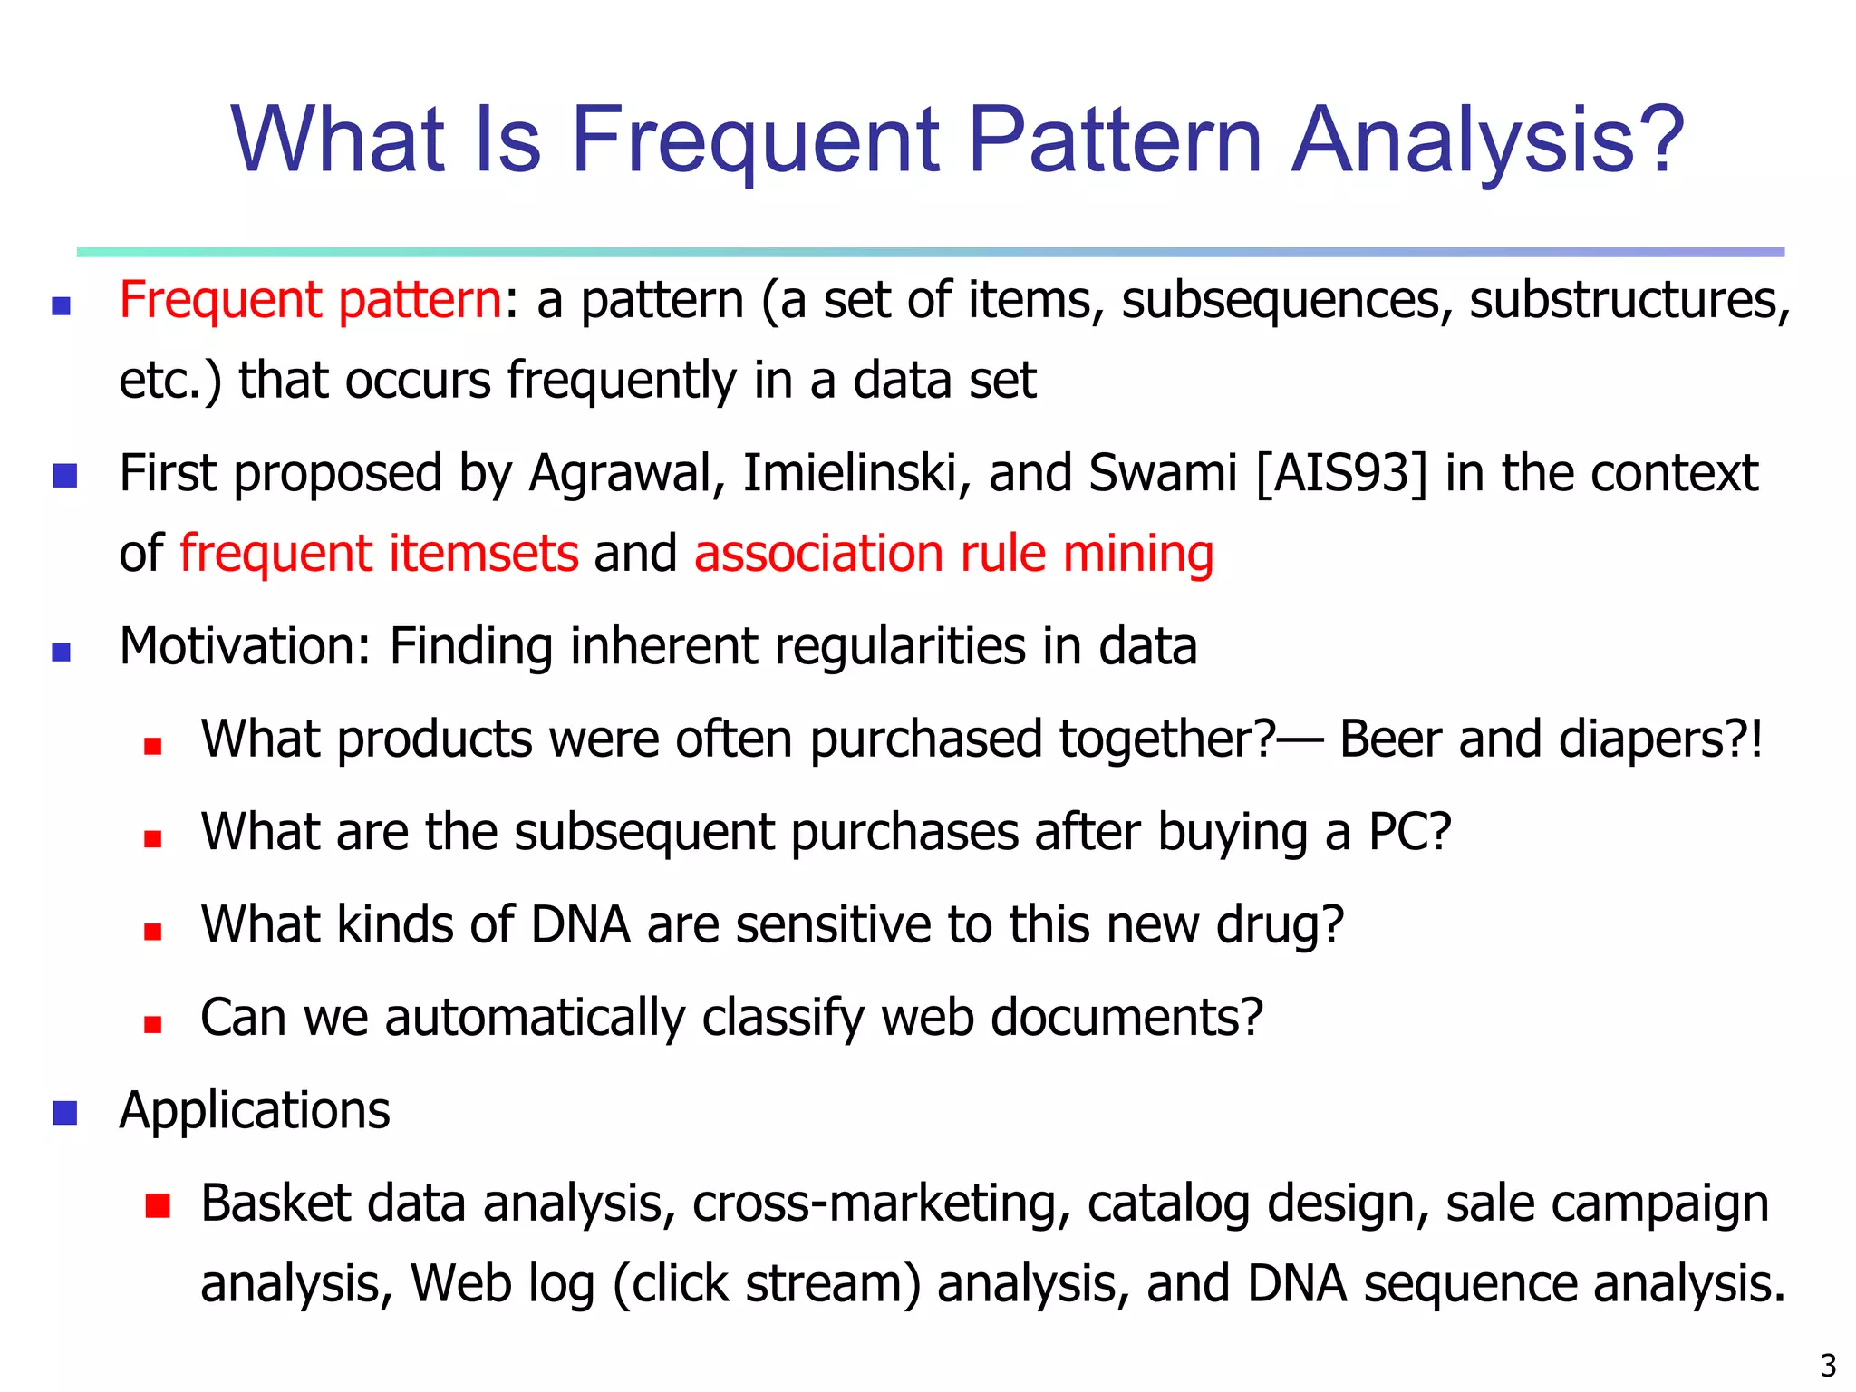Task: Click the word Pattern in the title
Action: [1115, 140]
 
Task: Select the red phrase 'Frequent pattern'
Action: [310, 300]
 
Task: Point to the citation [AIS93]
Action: [1340, 474]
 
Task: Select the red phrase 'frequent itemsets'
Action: [379, 554]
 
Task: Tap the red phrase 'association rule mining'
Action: [953, 554]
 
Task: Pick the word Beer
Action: [1390, 739]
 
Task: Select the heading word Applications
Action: [255, 1111]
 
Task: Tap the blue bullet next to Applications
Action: [64, 1112]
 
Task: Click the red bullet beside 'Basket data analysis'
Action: [157, 1204]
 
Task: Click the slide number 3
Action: [1828, 1365]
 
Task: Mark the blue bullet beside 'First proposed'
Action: [64, 475]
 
